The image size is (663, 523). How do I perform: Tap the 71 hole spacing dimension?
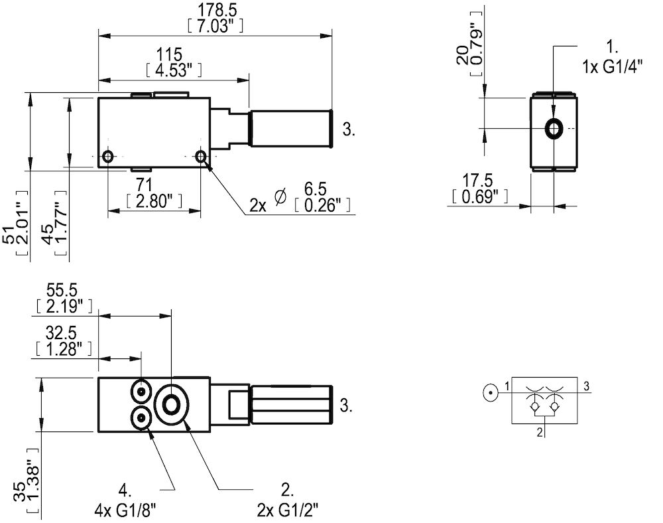(x=154, y=185)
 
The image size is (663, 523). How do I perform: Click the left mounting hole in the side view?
(x=108, y=157)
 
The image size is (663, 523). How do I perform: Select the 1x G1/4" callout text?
(x=613, y=67)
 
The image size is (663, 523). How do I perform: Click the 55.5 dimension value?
(x=62, y=291)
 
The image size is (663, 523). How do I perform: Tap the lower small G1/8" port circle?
(x=142, y=418)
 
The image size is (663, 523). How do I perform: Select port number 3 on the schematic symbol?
(x=586, y=384)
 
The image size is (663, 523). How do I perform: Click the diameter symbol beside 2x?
(x=280, y=197)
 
